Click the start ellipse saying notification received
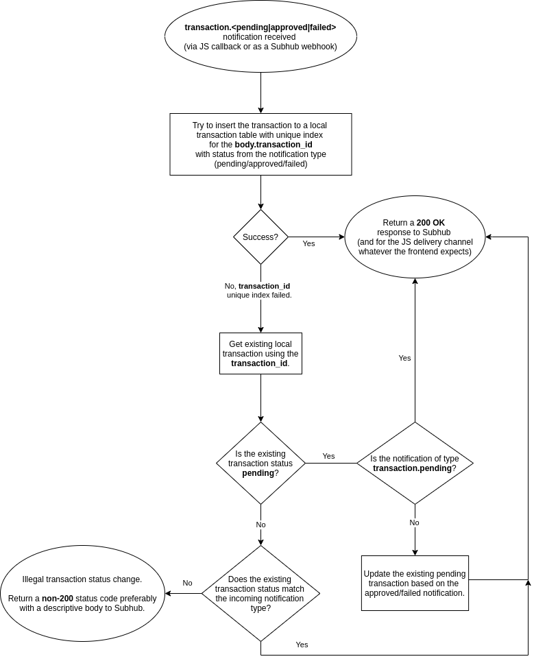[x=260, y=37]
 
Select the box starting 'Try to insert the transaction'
[x=260, y=145]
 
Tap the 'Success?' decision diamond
[x=260, y=237]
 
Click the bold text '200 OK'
[x=430, y=223]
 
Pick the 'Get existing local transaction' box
[x=260, y=354]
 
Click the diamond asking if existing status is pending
[x=260, y=464]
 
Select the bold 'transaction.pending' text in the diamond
[x=411, y=468]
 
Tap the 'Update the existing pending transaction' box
[x=415, y=583]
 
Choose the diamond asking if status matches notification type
[x=260, y=593]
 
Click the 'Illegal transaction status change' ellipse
[x=82, y=593]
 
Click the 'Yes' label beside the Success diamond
[x=308, y=243]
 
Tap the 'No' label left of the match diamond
[x=187, y=583]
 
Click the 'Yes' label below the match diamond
[x=302, y=645]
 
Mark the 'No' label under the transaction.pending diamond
[x=414, y=522]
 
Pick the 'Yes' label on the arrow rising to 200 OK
[x=404, y=358]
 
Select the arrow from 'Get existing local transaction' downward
[x=260, y=398]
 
